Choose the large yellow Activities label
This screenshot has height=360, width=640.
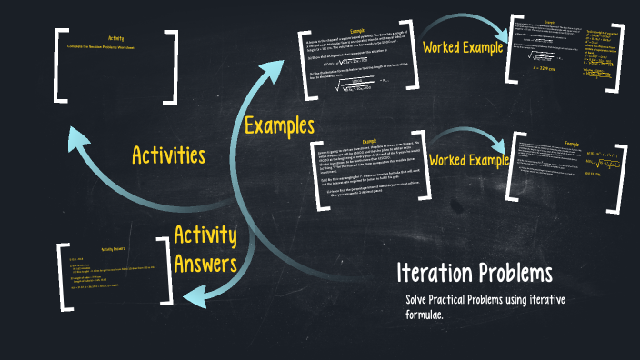click(168, 155)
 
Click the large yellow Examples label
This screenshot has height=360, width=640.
click(279, 125)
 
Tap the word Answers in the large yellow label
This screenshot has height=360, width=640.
click(205, 265)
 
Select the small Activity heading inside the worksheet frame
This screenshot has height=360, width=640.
click(115, 38)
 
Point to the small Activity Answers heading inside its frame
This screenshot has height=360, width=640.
click(116, 248)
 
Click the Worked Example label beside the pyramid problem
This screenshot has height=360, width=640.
click(463, 47)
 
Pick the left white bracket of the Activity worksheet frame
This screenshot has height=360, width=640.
click(61, 65)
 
